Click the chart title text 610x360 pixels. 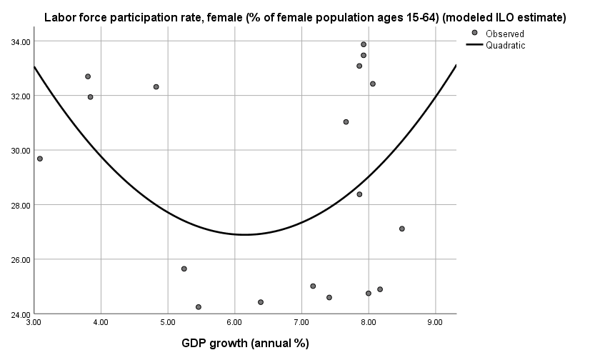(x=305, y=18)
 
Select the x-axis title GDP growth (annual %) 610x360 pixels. (x=245, y=344)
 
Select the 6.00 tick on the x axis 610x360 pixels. (x=234, y=323)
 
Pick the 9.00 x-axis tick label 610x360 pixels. (x=435, y=323)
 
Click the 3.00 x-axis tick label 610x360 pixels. (x=34, y=323)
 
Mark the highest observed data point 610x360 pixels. (x=364, y=44)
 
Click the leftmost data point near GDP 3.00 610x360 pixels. (x=40, y=159)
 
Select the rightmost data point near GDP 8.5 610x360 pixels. (x=402, y=229)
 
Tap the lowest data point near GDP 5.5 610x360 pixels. (x=199, y=307)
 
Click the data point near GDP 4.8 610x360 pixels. (x=156, y=87)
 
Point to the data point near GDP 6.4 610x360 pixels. (x=261, y=302)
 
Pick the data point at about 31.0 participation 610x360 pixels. (x=346, y=122)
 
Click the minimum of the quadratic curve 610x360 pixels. (x=244, y=234)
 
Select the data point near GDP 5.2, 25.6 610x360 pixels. (x=184, y=269)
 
